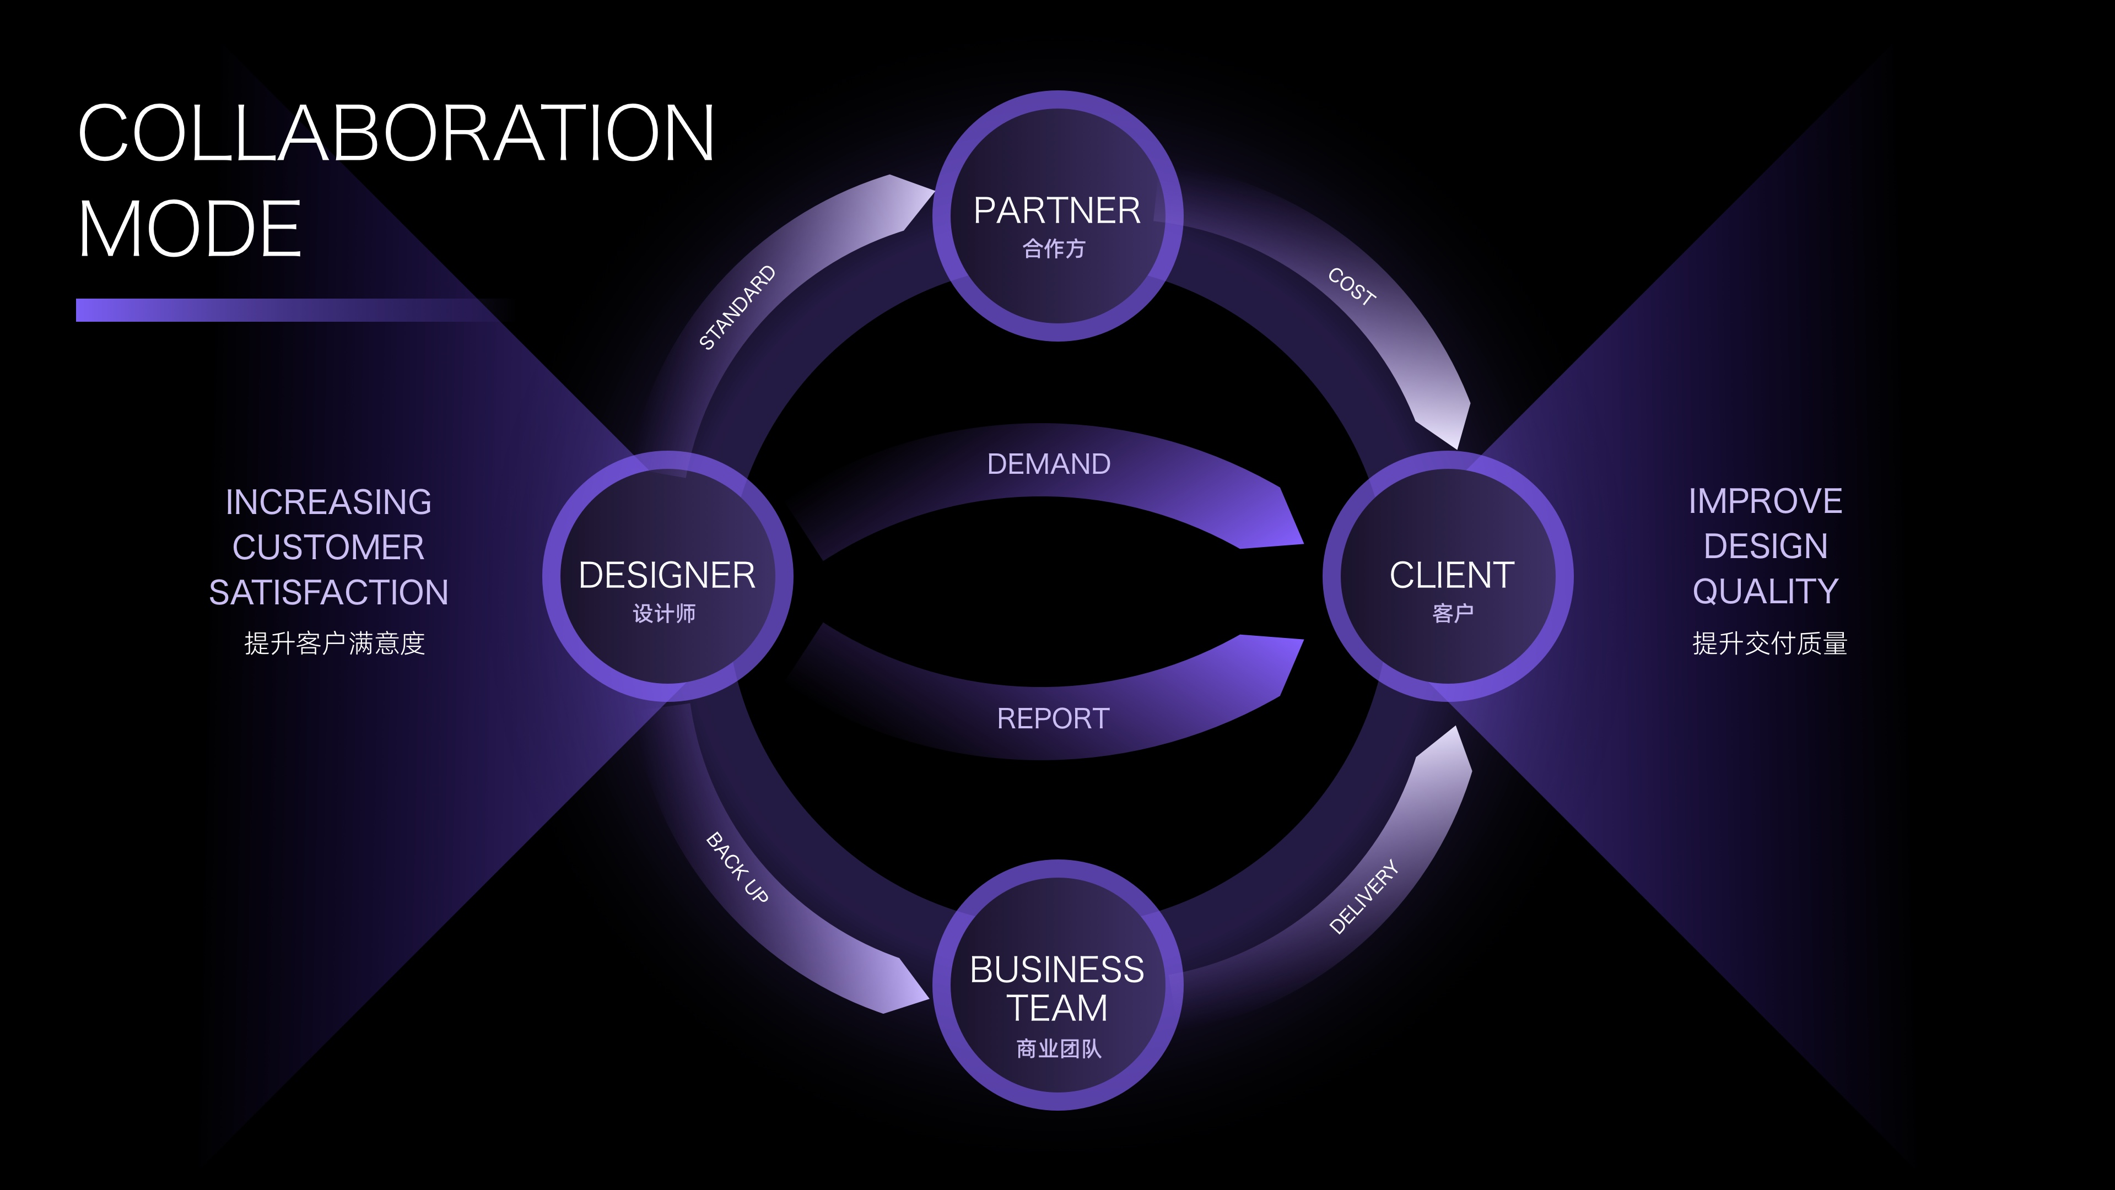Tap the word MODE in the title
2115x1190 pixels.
[x=190, y=229]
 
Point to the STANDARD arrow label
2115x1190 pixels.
[x=736, y=308]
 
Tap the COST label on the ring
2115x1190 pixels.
[x=1351, y=287]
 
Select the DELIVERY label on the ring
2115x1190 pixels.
[x=1363, y=896]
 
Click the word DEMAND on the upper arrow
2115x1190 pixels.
[x=1049, y=464]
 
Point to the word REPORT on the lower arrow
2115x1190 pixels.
[x=1053, y=719]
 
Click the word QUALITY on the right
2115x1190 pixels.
[x=1765, y=592]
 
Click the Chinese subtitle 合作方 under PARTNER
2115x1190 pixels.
[x=1054, y=248]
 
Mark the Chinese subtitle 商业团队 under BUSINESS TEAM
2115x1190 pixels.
[x=1058, y=1049]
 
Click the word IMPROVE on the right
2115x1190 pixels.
[x=1765, y=501]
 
